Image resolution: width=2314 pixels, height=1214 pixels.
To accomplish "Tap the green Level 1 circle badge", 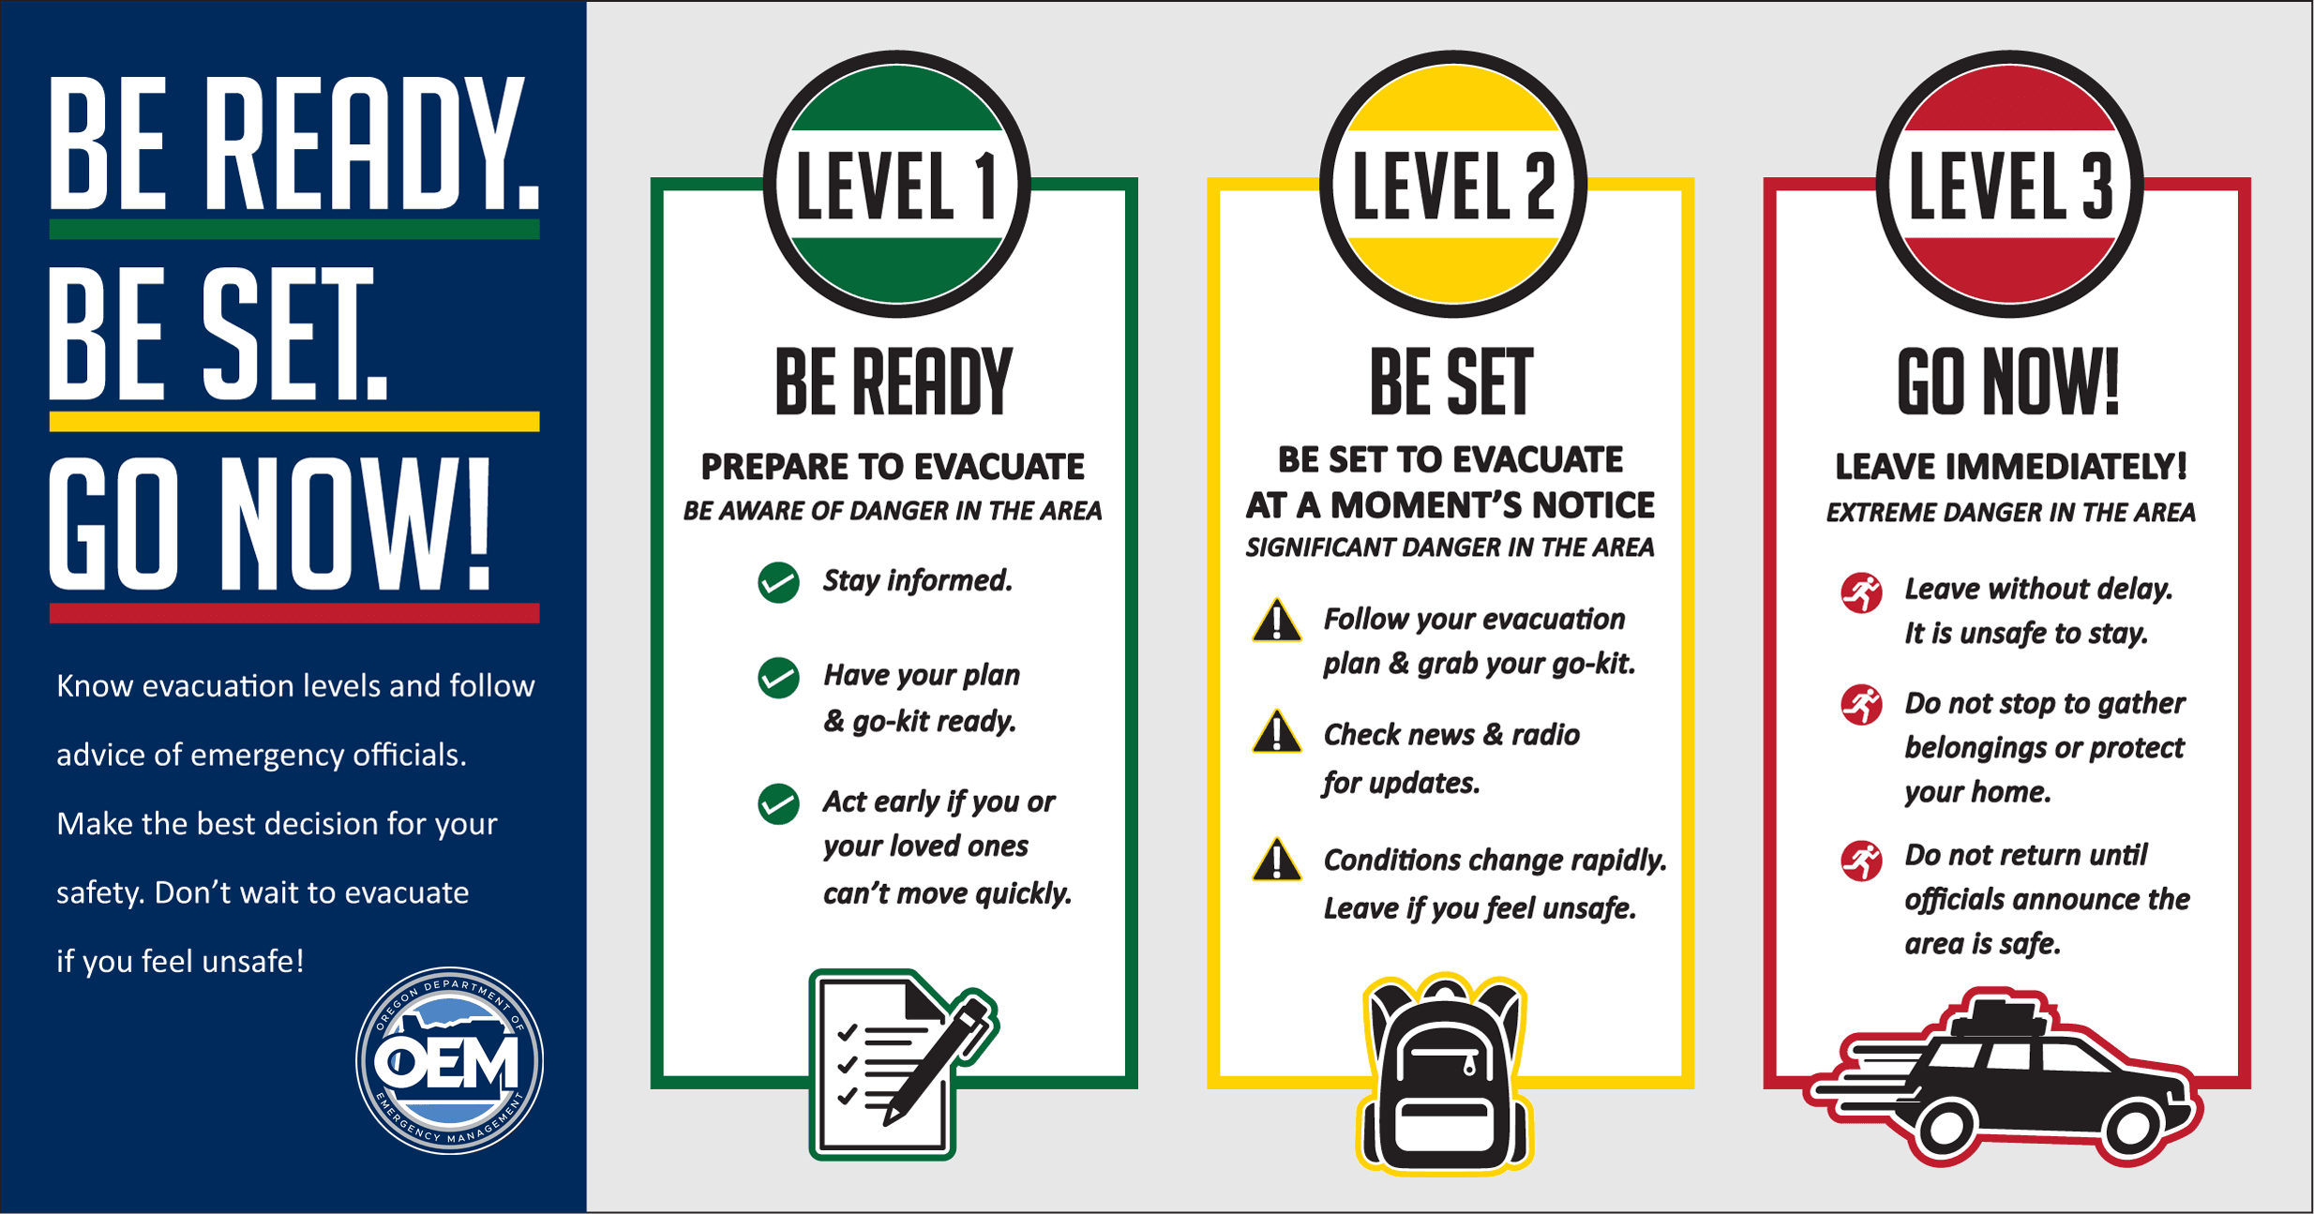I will (x=896, y=184).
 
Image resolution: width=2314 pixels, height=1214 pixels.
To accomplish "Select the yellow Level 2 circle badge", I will (x=1452, y=184).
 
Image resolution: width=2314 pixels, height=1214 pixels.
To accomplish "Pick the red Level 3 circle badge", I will (x=2009, y=184).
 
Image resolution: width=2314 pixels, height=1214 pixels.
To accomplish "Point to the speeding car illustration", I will (x=2006, y=1078).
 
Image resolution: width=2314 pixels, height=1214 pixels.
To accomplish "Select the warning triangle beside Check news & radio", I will (x=1276, y=734).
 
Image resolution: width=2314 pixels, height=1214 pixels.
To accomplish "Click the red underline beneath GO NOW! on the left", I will (x=294, y=613).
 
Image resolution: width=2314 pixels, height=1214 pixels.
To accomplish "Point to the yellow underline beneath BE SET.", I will (x=294, y=421).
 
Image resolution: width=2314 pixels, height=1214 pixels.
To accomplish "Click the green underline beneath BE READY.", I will (x=294, y=229).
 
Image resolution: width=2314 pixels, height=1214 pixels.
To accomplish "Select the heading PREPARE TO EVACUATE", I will (x=893, y=467).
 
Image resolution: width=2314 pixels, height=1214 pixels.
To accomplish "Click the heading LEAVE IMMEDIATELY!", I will (x=2010, y=467).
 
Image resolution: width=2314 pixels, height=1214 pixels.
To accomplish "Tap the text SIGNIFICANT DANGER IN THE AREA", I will (x=1450, y=547).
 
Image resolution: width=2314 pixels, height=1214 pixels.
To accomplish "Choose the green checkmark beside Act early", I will (x=778, y=804).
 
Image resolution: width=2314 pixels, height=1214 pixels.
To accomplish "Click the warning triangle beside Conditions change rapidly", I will (x=1276, y=861).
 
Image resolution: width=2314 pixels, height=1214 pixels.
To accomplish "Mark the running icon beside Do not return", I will (x=1862, y=861).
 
